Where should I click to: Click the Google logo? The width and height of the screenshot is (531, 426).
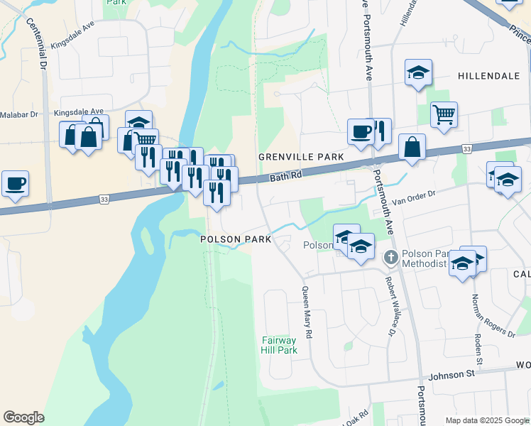point(23,417)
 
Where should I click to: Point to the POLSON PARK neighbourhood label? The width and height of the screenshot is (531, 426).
point(236,239)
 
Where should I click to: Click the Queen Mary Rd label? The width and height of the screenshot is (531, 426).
point(307,312)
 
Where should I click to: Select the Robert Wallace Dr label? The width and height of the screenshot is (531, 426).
point(391,306)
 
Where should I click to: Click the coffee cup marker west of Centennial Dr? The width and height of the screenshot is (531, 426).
point(15,182)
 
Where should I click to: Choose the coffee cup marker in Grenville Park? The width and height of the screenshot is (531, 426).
point(361,131)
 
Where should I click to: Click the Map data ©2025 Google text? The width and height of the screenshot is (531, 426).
point(486,420)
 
